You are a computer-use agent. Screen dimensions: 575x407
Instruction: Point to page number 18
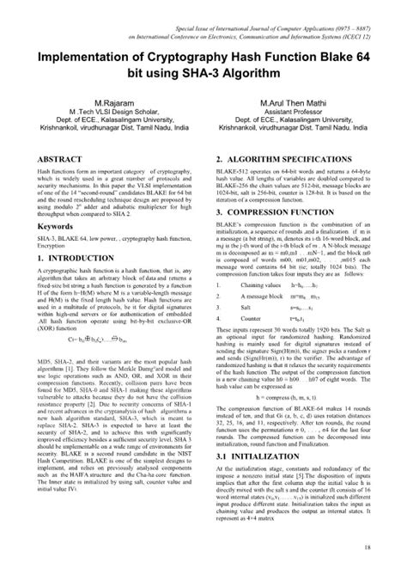point(367,547)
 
